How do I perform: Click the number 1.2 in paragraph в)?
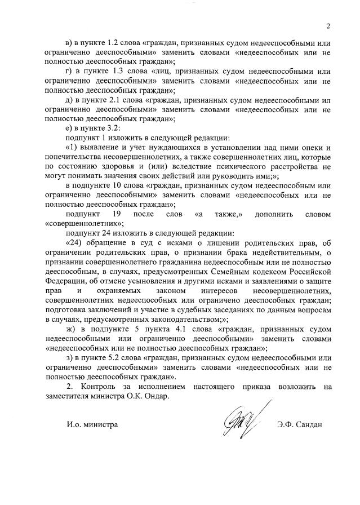pyautogui.click(x=114, y=43)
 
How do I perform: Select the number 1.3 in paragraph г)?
pyautogui.click(x=114, y=72)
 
